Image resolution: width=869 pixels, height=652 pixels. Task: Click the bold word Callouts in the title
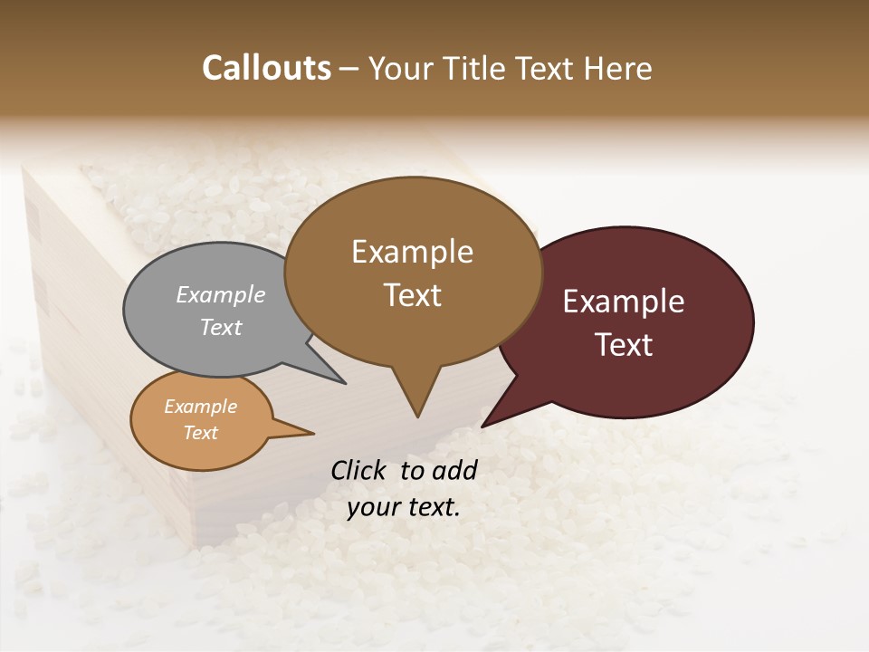click(x=266, y=68)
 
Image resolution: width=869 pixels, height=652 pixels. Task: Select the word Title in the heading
click(x=476, y=69)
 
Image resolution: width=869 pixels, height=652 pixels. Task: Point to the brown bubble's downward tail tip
click(x=417, y=416)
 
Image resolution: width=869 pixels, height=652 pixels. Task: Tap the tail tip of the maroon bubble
click(x=484, y=425)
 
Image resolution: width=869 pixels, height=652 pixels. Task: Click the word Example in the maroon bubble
click(x=624, y=302)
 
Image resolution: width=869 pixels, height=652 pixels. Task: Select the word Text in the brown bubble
click(x=413, y=295)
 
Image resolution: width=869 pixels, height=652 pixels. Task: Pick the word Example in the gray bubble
click(x=221, y=294)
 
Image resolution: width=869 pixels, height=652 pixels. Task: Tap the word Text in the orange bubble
click(x=201, y=433)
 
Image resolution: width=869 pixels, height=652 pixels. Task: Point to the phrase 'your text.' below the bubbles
click(x=404, y=507)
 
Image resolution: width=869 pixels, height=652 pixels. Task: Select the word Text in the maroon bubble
click(x=625, y=345)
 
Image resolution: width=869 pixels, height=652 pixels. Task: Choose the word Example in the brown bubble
click(x=413, y=252)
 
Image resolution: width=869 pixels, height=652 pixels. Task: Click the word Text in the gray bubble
click(x=221, y=327)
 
